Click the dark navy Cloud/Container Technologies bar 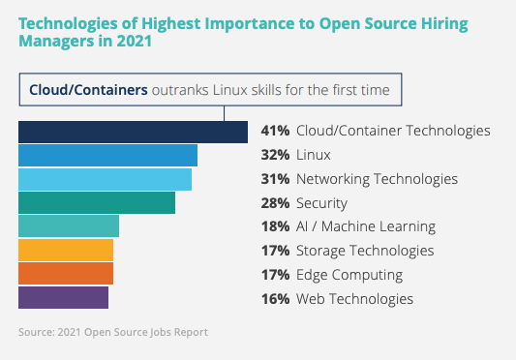(x=133, y=132)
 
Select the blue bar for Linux (x=107, y=155)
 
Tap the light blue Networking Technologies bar (x=105, y=179)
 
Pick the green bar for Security (x=97, y=202)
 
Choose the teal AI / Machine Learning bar (x=69, y=226)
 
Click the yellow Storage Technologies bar (x=66, y=250)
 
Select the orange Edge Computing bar (x=66, y=274)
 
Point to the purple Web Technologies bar (x=63, y=297)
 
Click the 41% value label (x=275, y=131)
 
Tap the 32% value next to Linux (x=275, y=155)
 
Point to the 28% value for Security (x=275, y=203)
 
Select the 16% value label (x=275, y=299)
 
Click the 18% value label (x=275, y=226)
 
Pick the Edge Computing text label (x=349, y=275)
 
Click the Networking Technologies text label (x=377, y=179)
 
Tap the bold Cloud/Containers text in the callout (x=88, y=90)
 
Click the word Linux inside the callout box (x=230, y=90)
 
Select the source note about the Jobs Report (x=113, y=332)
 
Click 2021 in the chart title (x=135, y=42)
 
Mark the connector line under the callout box (x=224, y=113)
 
